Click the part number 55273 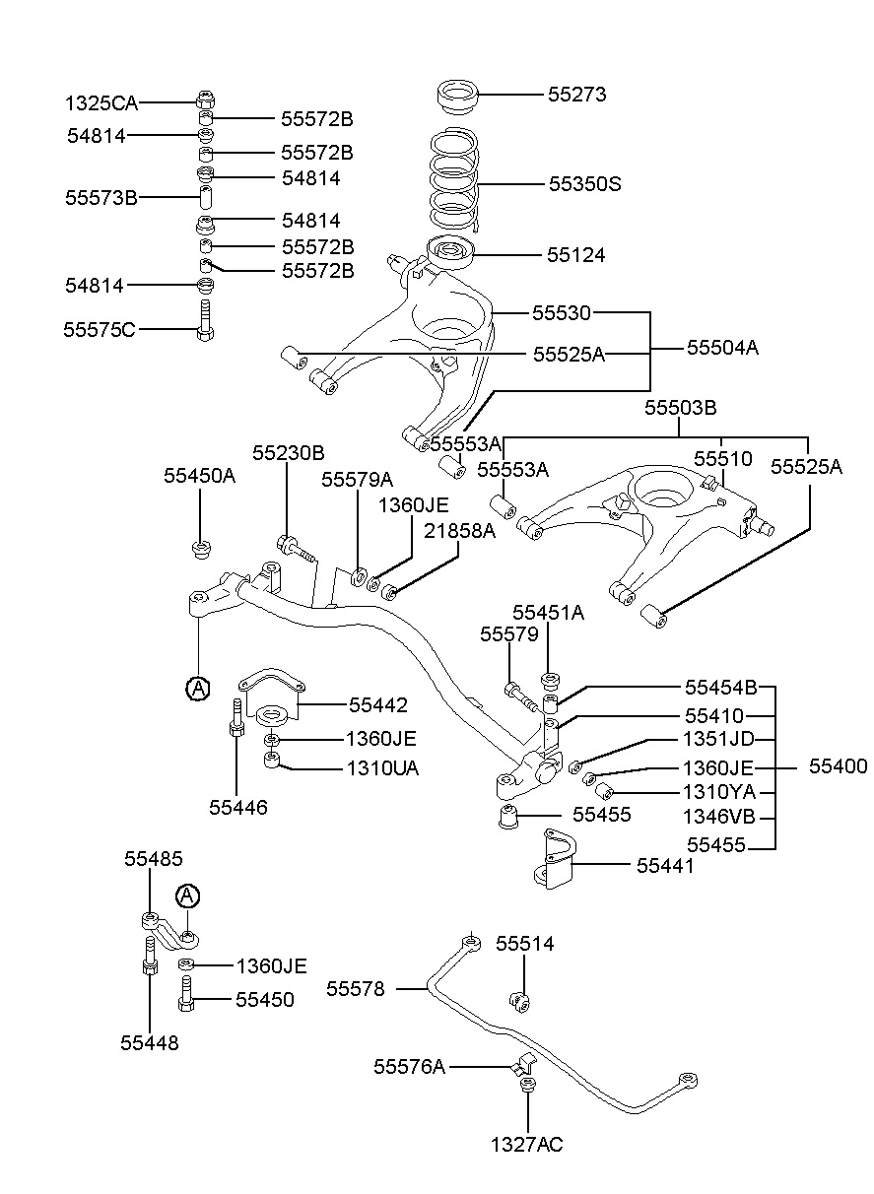(x=576, y=95)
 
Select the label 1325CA (x=101, y=103)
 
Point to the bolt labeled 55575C (x=205, y=320)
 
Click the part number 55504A (x=722, y=348)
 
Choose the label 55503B (x=680, y=408)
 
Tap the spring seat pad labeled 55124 (x=450, y=252)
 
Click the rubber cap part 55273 (x=458, y=97)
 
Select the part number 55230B (x=288, y=453)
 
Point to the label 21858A (x=459, y=531)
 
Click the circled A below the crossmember (x=198, y=689)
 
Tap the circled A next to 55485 (x=187, y=896)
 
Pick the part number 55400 (x=838, y=766)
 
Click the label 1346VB (x=719, y=816)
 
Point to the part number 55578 (x=355, y=989)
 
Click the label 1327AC (x=526, y=1145)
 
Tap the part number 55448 (x=150, y=1042)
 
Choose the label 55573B (x=101, y=198)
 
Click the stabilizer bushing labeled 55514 (x=520, y=1002)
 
